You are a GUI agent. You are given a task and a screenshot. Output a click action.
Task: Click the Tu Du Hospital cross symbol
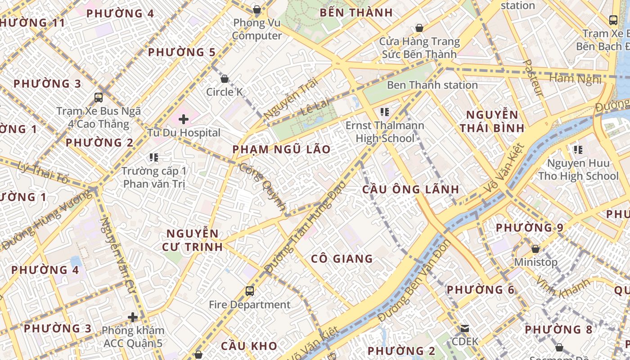click(184, 119)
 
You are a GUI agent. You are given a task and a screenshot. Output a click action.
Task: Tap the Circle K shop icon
click(225, 79)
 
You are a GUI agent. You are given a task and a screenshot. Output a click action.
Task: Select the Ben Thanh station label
click(432, 85)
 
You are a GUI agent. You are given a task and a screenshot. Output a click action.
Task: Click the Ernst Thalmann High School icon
click(384, 112)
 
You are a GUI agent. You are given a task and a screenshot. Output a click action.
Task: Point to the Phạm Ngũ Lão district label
click(281, 149)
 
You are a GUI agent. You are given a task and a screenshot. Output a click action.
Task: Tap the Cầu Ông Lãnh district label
click(411, 189)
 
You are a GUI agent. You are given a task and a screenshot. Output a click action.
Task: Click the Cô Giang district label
click(342, 259)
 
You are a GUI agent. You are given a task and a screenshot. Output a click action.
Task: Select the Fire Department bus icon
click(250, 291)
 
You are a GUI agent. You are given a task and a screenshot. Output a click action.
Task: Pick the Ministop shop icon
click(535, 249)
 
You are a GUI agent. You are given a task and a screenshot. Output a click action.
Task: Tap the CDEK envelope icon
click(465, 328)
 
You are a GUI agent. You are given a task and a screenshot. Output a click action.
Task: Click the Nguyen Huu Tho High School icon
click(578, 149)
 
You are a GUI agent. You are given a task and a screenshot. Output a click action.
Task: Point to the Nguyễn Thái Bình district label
click(492, 121)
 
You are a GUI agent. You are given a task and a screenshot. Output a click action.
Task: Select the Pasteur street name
click(535, 78)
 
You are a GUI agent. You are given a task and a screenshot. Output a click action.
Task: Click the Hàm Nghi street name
click(576, 79)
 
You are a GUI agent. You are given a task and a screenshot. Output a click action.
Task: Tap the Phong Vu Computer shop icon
click(257, 9)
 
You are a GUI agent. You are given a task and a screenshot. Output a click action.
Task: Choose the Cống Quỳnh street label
click(262, 187)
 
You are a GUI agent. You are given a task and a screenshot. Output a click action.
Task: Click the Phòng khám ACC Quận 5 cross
click(132, 317)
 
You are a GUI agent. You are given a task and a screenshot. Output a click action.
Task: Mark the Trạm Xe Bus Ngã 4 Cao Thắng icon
click(99, 97)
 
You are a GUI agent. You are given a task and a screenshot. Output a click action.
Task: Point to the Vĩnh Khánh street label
click(562, 288)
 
